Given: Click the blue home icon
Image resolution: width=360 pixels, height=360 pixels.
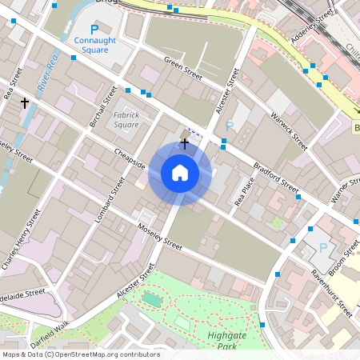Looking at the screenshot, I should coord(180,173).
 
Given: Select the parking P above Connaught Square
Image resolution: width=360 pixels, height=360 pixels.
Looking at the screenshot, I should coord(94,29).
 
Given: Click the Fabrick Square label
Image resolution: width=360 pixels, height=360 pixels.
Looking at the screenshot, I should coord(126,120).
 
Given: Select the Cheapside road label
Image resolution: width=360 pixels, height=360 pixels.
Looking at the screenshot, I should coord(129,158).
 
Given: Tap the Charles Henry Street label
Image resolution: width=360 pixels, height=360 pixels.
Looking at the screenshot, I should coord(22,240).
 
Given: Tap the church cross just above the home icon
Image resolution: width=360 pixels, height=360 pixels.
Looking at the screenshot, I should coord(185,143).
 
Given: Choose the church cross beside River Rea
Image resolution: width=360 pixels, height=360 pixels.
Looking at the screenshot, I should coord(25,103).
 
